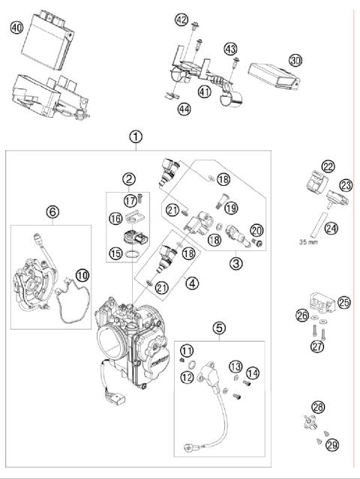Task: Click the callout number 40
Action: coord(17,28)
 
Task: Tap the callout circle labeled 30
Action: coord(295,60)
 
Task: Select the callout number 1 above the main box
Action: coord(135,136)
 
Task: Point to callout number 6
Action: coord(52,212)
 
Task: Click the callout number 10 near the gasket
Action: coord(82,275)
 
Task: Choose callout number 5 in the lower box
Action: coord(219,327)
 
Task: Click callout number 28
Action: coord(319,406)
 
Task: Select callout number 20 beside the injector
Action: coord(256,230)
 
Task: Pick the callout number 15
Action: coord(115,253)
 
